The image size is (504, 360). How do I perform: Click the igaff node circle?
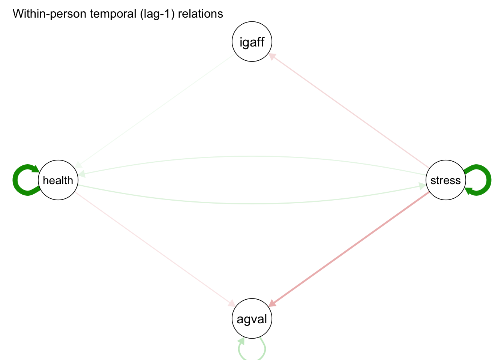[252, 42]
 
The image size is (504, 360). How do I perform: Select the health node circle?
[58, 180]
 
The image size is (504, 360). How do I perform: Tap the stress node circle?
[445, 180]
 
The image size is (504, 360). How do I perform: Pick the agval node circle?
[252, 319]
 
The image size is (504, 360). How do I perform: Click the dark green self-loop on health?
[17, 180]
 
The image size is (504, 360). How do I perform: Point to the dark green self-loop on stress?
[488, 180]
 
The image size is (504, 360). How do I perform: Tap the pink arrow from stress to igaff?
[349, 111]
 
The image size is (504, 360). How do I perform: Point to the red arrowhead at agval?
[273, 303]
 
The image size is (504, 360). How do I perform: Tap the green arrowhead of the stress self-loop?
[469, 191]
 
